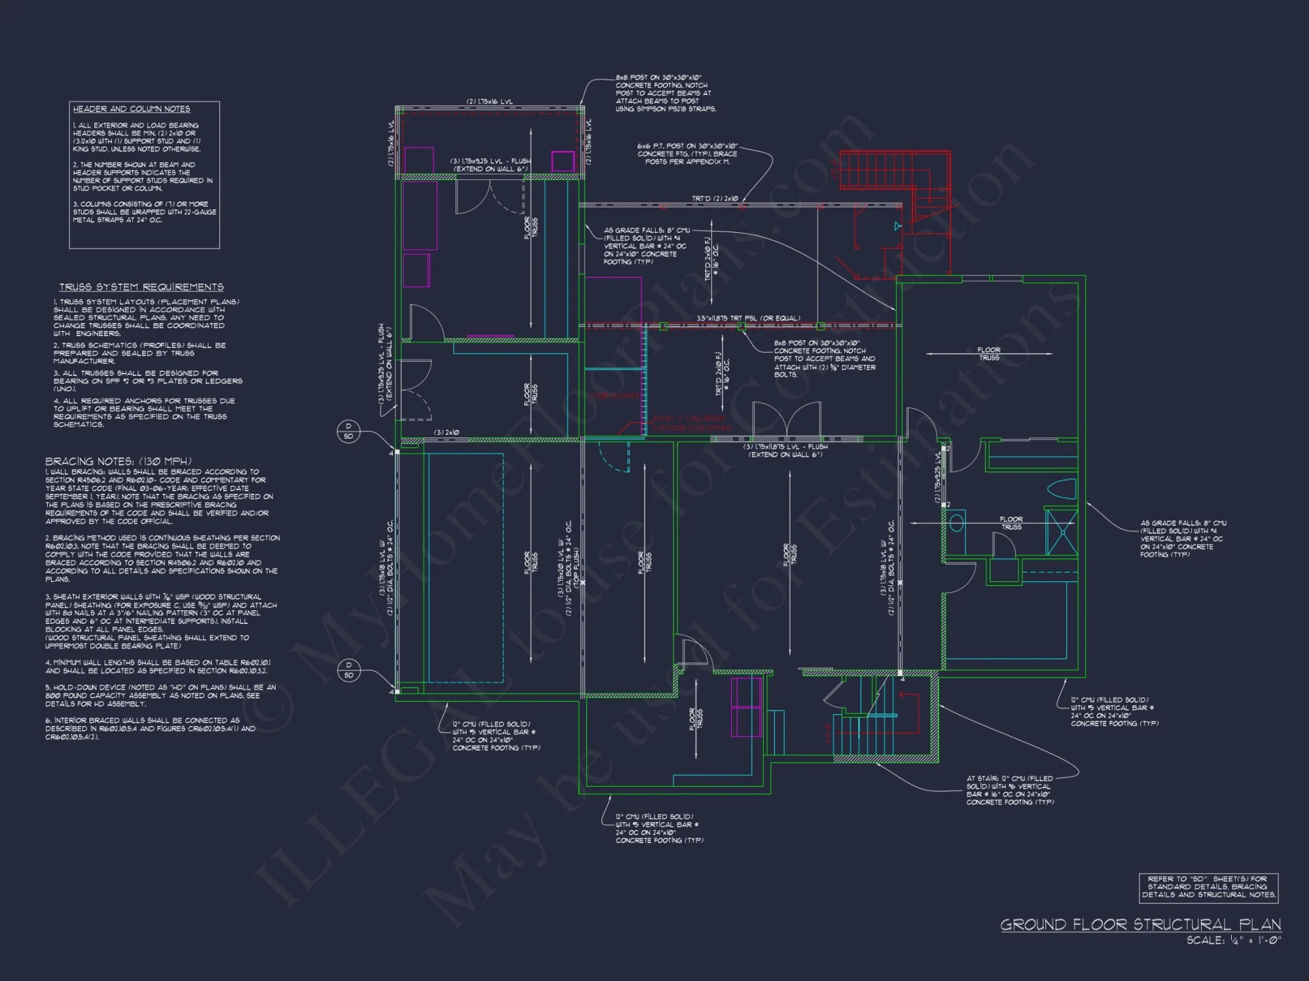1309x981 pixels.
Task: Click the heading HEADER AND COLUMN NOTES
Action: (x=132, y=109)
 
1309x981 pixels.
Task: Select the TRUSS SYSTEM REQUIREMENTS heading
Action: (x=141, y=287)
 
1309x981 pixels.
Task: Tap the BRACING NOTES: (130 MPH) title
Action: (x=118, y=461)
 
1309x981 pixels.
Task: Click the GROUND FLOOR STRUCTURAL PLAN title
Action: (x=1140, y=925)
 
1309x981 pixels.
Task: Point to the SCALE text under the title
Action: (x=1234, y=940)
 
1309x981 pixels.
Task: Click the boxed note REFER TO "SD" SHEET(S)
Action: (x=1208, y=887)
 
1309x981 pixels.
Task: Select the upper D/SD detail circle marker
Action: (x=348, y=432)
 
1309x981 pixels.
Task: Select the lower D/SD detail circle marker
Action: (x=348, y=670)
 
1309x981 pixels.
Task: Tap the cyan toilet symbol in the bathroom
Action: (x=1062, y=490)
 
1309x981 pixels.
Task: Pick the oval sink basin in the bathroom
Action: (x=957, y=523)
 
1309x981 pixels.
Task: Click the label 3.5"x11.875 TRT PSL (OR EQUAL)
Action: (x=748, y=318)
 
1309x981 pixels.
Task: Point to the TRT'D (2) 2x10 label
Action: (x=715, y=198)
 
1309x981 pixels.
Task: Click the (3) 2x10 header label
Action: (x=447, y=432)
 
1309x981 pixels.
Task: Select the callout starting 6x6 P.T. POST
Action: (x=687, y=154)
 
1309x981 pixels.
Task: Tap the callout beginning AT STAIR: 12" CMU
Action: (x=1010, y=790)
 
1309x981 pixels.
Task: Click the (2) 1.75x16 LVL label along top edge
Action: (x=490, y=102)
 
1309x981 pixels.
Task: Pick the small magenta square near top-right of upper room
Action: (x=562, y=161)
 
